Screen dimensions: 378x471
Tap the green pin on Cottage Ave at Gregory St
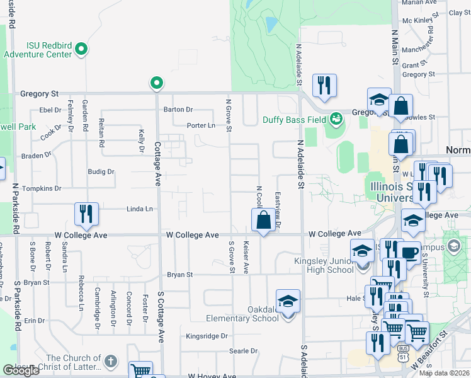point(156,83)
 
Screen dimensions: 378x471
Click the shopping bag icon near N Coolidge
point(264,220)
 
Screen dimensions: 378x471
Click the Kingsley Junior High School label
point(324,265)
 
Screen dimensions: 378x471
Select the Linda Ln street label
point(140,209)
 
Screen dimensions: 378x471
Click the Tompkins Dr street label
point(41,188)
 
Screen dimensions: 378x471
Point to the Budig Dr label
point(101,171)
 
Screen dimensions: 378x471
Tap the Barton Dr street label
point(178,110)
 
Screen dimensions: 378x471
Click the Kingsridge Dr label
point(207,336)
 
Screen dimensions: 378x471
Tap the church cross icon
point(110,362)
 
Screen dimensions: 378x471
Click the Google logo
point(21,370)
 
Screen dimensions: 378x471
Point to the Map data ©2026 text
point(444,373)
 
